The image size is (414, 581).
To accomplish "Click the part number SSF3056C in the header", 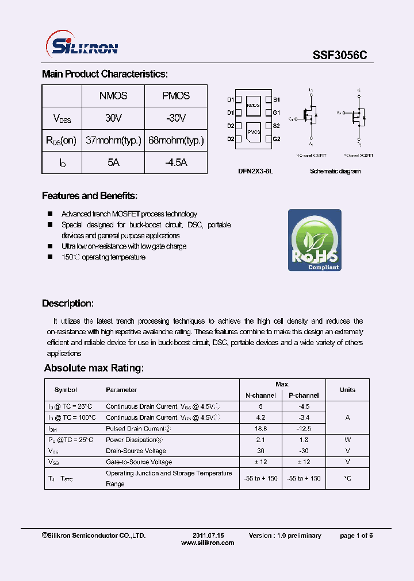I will click(340, 55).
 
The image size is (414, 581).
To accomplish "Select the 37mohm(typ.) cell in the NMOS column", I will click(113, 140).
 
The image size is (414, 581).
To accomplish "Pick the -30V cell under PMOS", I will click(175, 118).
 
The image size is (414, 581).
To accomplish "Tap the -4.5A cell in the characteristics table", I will click(175, 162).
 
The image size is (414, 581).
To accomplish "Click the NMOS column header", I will click(113, 96).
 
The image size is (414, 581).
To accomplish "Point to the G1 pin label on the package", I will click(276, 113).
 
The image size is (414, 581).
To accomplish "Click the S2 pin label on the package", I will click(276, 126).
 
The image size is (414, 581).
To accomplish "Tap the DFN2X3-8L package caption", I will click(255, 171).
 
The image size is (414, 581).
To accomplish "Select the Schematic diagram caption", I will click(335, 171).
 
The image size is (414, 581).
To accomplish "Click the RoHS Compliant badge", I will click(315, 240).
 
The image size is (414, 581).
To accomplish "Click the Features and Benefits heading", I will click(90, 196).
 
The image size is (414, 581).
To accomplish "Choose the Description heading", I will click(68, 304).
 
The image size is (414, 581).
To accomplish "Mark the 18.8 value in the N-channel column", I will click(260, 428).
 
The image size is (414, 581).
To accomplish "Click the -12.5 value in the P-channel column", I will click(304, 428).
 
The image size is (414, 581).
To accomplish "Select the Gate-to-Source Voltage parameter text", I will click(139, 462).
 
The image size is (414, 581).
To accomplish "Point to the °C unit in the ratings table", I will click(347, 478).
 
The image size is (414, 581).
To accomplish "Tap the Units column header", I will click(347, 390).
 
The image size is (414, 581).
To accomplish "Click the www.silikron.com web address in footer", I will click(208, 543).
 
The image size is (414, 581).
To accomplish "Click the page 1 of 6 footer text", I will click(356, 536).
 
